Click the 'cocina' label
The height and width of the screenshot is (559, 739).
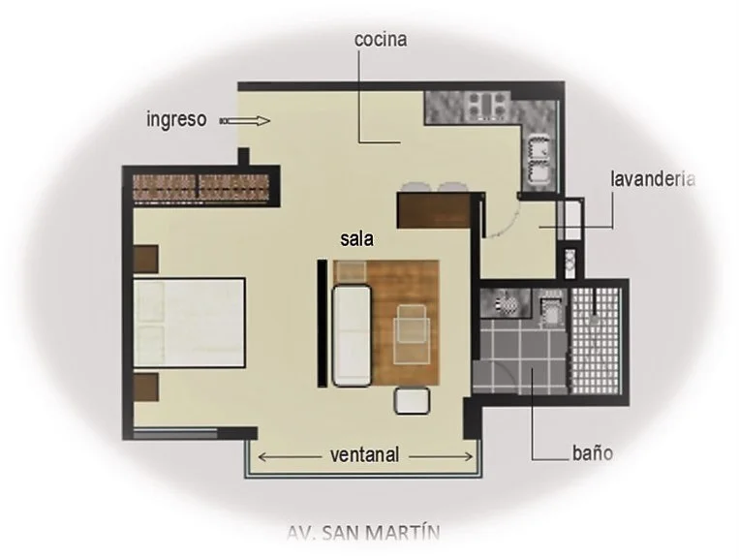381,40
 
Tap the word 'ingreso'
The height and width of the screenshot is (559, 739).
176,119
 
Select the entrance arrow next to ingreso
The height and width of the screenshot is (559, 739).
245,121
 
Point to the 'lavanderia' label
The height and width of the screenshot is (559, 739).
653,179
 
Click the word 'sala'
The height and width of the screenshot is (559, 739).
356,239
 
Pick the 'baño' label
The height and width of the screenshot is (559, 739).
593,453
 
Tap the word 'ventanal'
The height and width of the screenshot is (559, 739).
365,455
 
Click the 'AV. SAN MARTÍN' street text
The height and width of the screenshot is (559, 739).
363,533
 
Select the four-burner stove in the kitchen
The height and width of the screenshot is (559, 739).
487,105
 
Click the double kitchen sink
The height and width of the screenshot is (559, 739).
539,159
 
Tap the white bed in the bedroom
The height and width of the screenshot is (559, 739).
189,323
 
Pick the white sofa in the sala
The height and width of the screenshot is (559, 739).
352,336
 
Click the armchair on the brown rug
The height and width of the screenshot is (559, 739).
412,333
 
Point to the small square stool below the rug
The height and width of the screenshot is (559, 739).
412,401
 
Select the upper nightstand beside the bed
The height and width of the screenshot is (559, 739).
145,259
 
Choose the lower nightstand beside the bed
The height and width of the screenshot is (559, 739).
145,387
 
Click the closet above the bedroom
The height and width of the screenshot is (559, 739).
200,187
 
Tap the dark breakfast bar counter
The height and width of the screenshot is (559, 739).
434,210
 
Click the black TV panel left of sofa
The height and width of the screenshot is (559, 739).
323,324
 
